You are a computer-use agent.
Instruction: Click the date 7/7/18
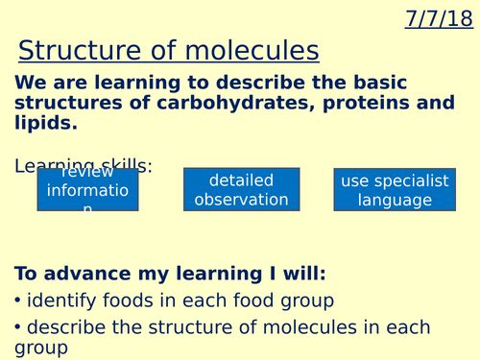[440, 19]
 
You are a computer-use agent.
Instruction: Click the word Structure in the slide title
[77, 51]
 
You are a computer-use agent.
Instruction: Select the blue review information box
[87, 189]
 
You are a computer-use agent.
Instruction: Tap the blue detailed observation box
[241, 189]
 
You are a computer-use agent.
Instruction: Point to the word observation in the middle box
[241, 200]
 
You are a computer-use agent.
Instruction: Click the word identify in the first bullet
[60, 300]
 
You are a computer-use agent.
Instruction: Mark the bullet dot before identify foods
[18, 300]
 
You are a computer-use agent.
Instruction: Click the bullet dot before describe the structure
[18, 327]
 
